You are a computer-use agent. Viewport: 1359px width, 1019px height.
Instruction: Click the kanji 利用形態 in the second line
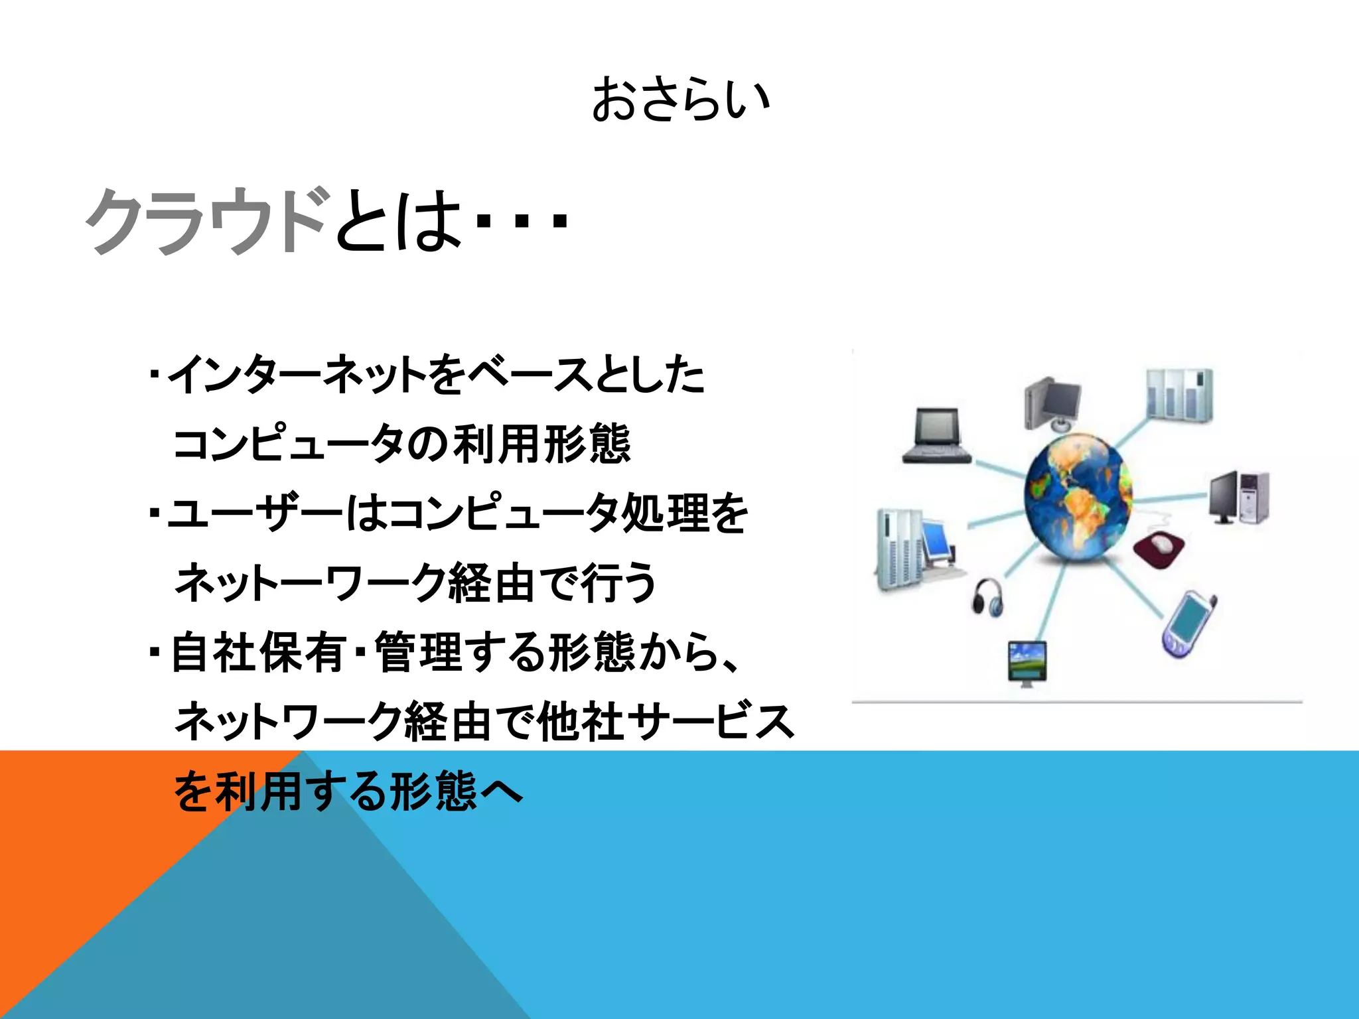(x=541, y=444)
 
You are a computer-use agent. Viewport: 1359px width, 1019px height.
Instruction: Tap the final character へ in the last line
(x=501, y=791)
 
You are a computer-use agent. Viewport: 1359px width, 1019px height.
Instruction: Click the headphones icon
(x=988, y=597)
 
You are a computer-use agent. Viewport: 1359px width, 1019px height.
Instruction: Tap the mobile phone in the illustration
(x=1188, y=624)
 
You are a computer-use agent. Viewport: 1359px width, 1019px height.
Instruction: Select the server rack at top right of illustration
(x=1179, y=395)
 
